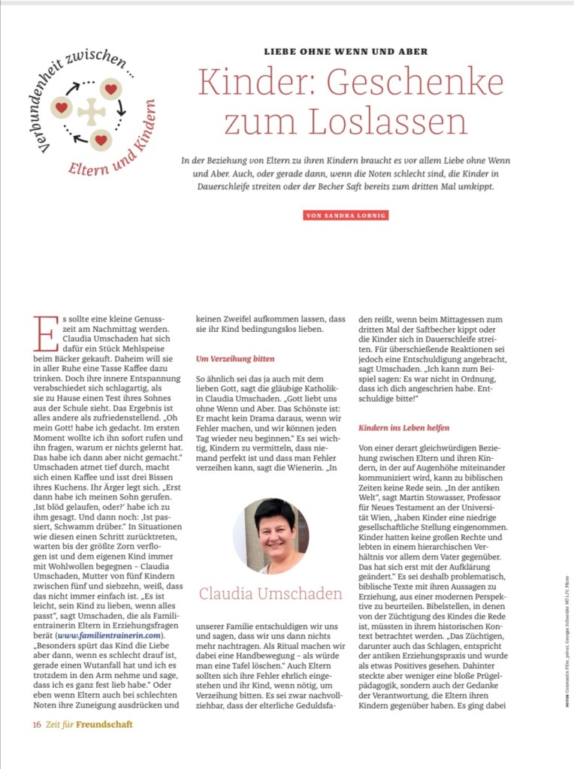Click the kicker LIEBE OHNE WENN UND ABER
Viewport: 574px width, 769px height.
[x=346, y=52]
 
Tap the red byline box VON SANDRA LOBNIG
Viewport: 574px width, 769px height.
[x=346, y=216]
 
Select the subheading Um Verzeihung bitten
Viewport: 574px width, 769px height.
[x=234, y=359]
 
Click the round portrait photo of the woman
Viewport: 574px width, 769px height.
[x=270, y=535]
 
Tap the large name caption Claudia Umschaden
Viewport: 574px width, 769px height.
[x=270, y=594]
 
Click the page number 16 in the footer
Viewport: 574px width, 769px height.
[x=36, y=725]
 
